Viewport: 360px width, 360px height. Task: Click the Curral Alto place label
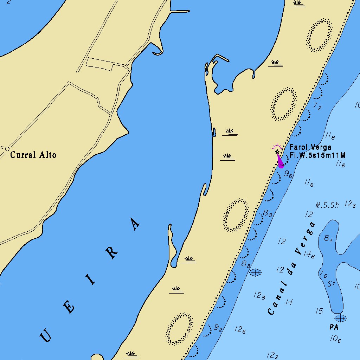[33, 155]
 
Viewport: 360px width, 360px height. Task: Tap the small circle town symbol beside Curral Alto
[7, 149]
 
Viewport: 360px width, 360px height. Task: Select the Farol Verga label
[310, 147]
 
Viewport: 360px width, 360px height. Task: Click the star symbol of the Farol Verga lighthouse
[277, 152]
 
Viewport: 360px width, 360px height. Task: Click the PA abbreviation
[334, 327]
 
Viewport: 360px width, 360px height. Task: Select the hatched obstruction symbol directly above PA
[340, 318]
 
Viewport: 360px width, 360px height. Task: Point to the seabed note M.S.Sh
[327, 205]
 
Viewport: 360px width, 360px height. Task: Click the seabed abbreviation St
[331, 284]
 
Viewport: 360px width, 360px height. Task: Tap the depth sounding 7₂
[317, 107]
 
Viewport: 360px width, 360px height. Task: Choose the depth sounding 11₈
[330, 135]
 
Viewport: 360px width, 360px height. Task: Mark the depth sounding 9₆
[288, 174]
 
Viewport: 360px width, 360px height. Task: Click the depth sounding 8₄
[328, 239]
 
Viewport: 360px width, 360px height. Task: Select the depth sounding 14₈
[309, 254]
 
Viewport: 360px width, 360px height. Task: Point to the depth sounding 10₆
[335, 339]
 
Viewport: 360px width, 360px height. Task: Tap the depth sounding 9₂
[218, 328]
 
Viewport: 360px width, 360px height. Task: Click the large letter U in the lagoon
[46, 336]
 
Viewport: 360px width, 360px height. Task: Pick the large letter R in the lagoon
[112, 252]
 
